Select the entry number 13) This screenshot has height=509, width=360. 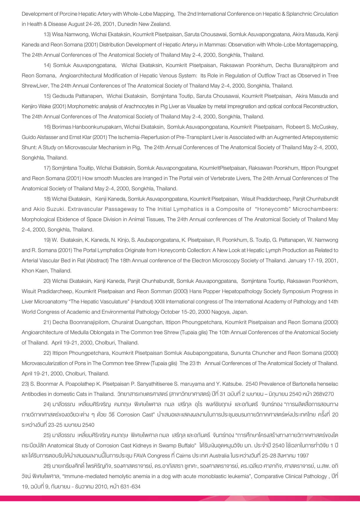47,35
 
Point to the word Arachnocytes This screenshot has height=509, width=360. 139,106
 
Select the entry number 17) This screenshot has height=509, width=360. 47,168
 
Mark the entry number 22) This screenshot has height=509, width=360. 47,353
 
